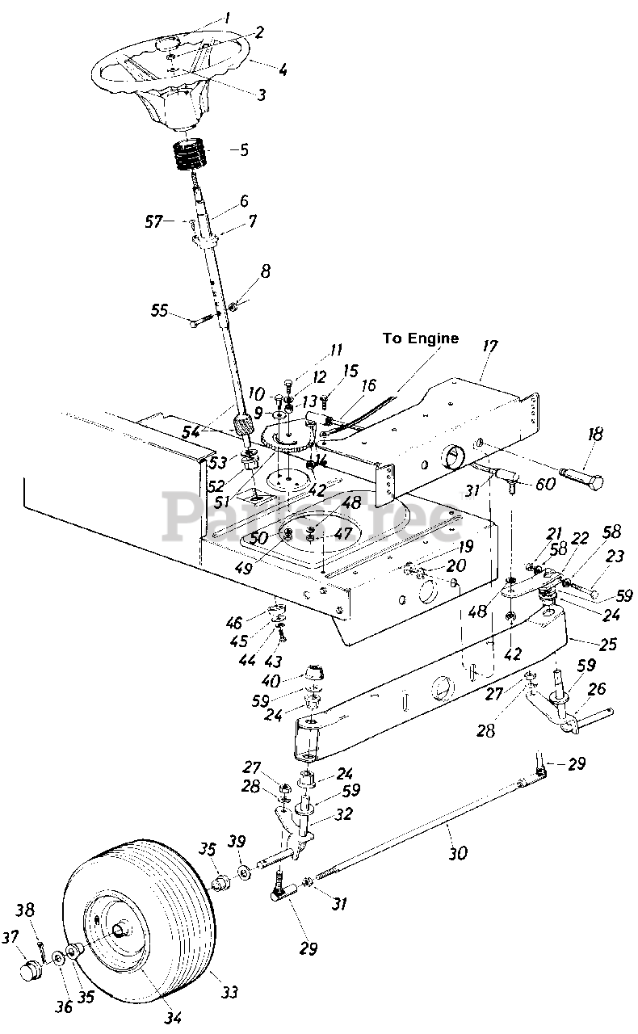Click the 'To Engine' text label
click(x=420, y=338)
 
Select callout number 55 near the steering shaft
click(x=158, y=310)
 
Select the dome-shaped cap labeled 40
click(x=313, y=672)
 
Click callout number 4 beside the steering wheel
click(x=282, y=69)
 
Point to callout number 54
click(x=191, y=433)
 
